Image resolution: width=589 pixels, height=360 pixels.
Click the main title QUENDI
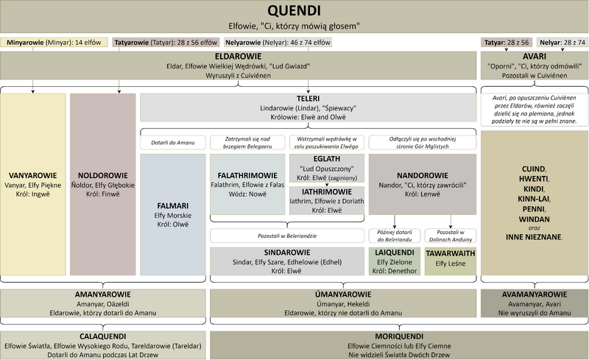pyautogui.click(x=294, y=10)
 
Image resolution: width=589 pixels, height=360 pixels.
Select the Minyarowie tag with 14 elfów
pyautogui.click(x=54, y=43)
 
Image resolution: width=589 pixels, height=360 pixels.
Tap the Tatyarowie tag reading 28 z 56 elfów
pyautogui.click(x=166, y=43)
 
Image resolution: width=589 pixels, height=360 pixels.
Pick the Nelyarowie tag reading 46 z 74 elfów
pyautogui.click(x=278, y=43)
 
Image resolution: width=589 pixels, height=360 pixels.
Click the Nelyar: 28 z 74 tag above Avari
pyautogui.click(x=562, y=43)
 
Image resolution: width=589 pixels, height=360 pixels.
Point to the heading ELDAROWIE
pyautogui.click(x=238, y=57)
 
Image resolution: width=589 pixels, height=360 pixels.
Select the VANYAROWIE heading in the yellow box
pyautogui.click(x=32, y=175)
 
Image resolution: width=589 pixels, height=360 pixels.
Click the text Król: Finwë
pyautogui.click(x=102, y=194)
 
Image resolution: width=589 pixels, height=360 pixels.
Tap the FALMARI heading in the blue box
pyautogui.click(x=173, y=206)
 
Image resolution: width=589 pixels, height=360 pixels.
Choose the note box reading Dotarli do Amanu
pyautogui.click(x=173, y=142)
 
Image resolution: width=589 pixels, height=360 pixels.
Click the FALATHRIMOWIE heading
pyautogui.click(x=247, y=175)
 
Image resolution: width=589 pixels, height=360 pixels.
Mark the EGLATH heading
pyautogui.click(x=327, y=159)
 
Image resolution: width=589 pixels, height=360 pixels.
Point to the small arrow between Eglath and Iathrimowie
pyautogui.click(x=327, y=184)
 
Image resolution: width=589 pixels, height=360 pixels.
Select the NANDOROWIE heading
pyautogui.click(x=423, y=175)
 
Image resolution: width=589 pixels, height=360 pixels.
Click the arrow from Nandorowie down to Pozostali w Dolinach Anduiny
pyautogui.click(x=451, y=222)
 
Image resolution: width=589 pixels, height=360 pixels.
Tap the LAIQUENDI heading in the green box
pyautogui.click(x=395, y=253)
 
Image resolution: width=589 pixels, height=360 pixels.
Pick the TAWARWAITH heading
pyautogui.click(x=451, y=253)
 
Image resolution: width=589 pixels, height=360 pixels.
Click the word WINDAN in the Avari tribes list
pyautogui.click(x=535, y=219)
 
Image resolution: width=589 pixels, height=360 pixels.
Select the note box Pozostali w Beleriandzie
pyautogui.click(x=287, y=236)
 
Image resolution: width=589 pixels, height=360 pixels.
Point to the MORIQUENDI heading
pyautogui.click(x=399, y=336)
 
